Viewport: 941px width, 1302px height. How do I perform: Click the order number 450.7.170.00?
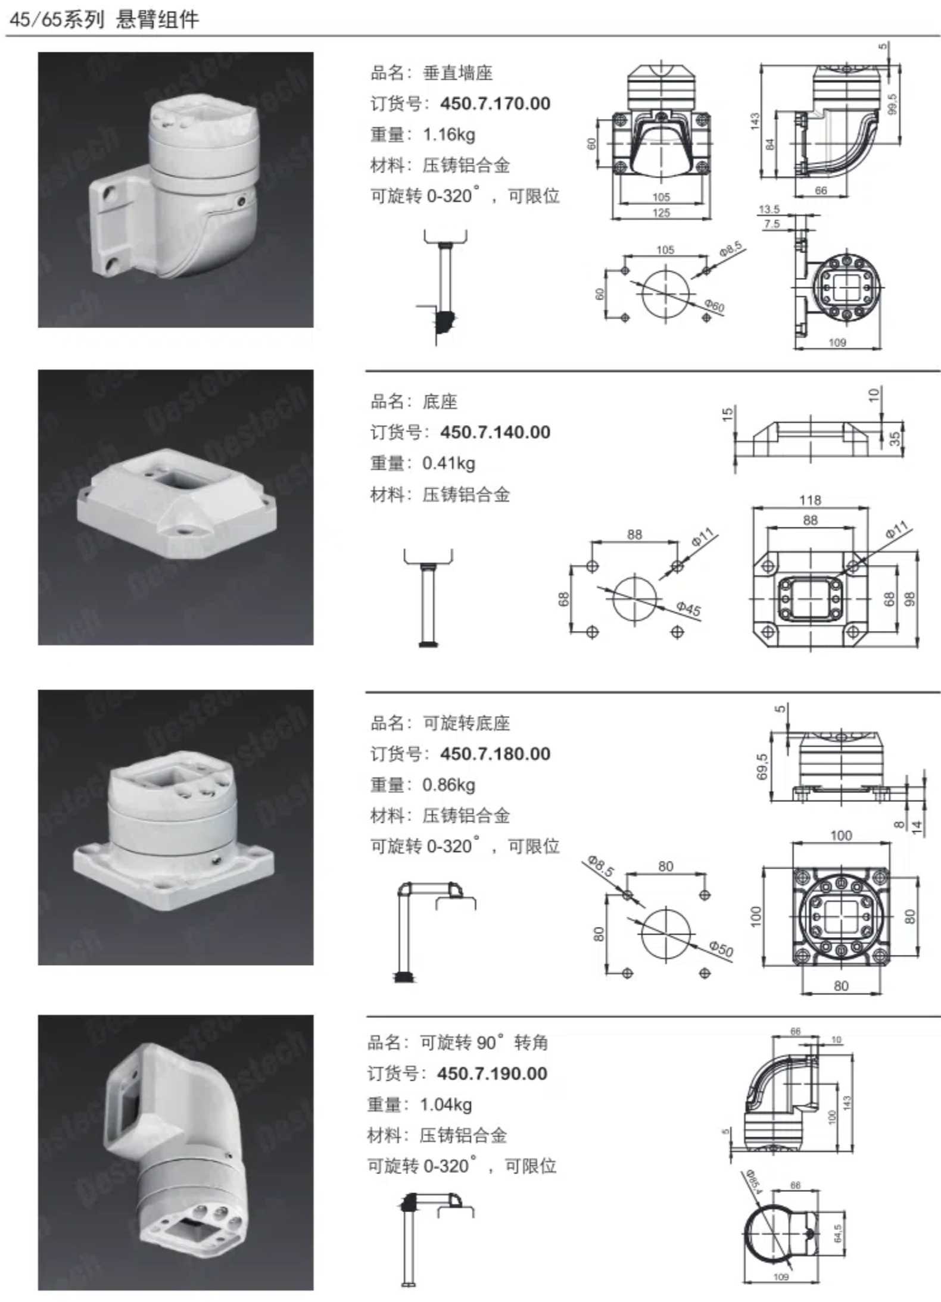coord(495,104)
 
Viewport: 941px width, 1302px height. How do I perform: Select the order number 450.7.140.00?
coord(495,432)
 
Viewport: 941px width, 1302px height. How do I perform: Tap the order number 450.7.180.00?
coord(495,754)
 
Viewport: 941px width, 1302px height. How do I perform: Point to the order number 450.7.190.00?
coord(492,1073)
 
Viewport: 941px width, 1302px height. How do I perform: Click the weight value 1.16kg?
coord(449,135)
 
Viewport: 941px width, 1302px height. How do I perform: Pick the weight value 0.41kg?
coord(449,463)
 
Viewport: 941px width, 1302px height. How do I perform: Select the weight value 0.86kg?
coord(449,785)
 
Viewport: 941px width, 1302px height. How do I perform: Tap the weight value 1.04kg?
coord(446,1104)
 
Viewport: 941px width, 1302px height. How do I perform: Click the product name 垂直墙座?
coord(457,73)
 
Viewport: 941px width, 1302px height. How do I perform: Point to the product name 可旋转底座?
coord(466,723)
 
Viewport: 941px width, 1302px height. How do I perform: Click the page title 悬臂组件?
coord(157,19)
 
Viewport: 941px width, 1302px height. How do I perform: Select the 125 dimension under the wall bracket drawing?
coord(661,213)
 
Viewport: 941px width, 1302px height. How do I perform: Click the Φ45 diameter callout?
coord(688,608)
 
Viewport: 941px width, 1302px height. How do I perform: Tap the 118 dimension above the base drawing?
coord(810,500)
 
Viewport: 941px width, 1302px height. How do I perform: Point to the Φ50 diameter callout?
coord(721,948)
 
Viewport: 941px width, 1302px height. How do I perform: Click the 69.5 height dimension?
coord(762,766)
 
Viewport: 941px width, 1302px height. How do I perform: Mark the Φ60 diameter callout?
coord(714,306)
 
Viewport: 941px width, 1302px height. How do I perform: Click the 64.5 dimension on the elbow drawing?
coord(837,1233)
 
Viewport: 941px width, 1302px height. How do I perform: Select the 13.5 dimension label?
coord(769,209)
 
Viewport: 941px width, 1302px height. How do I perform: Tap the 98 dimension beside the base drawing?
coord(909,599)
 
